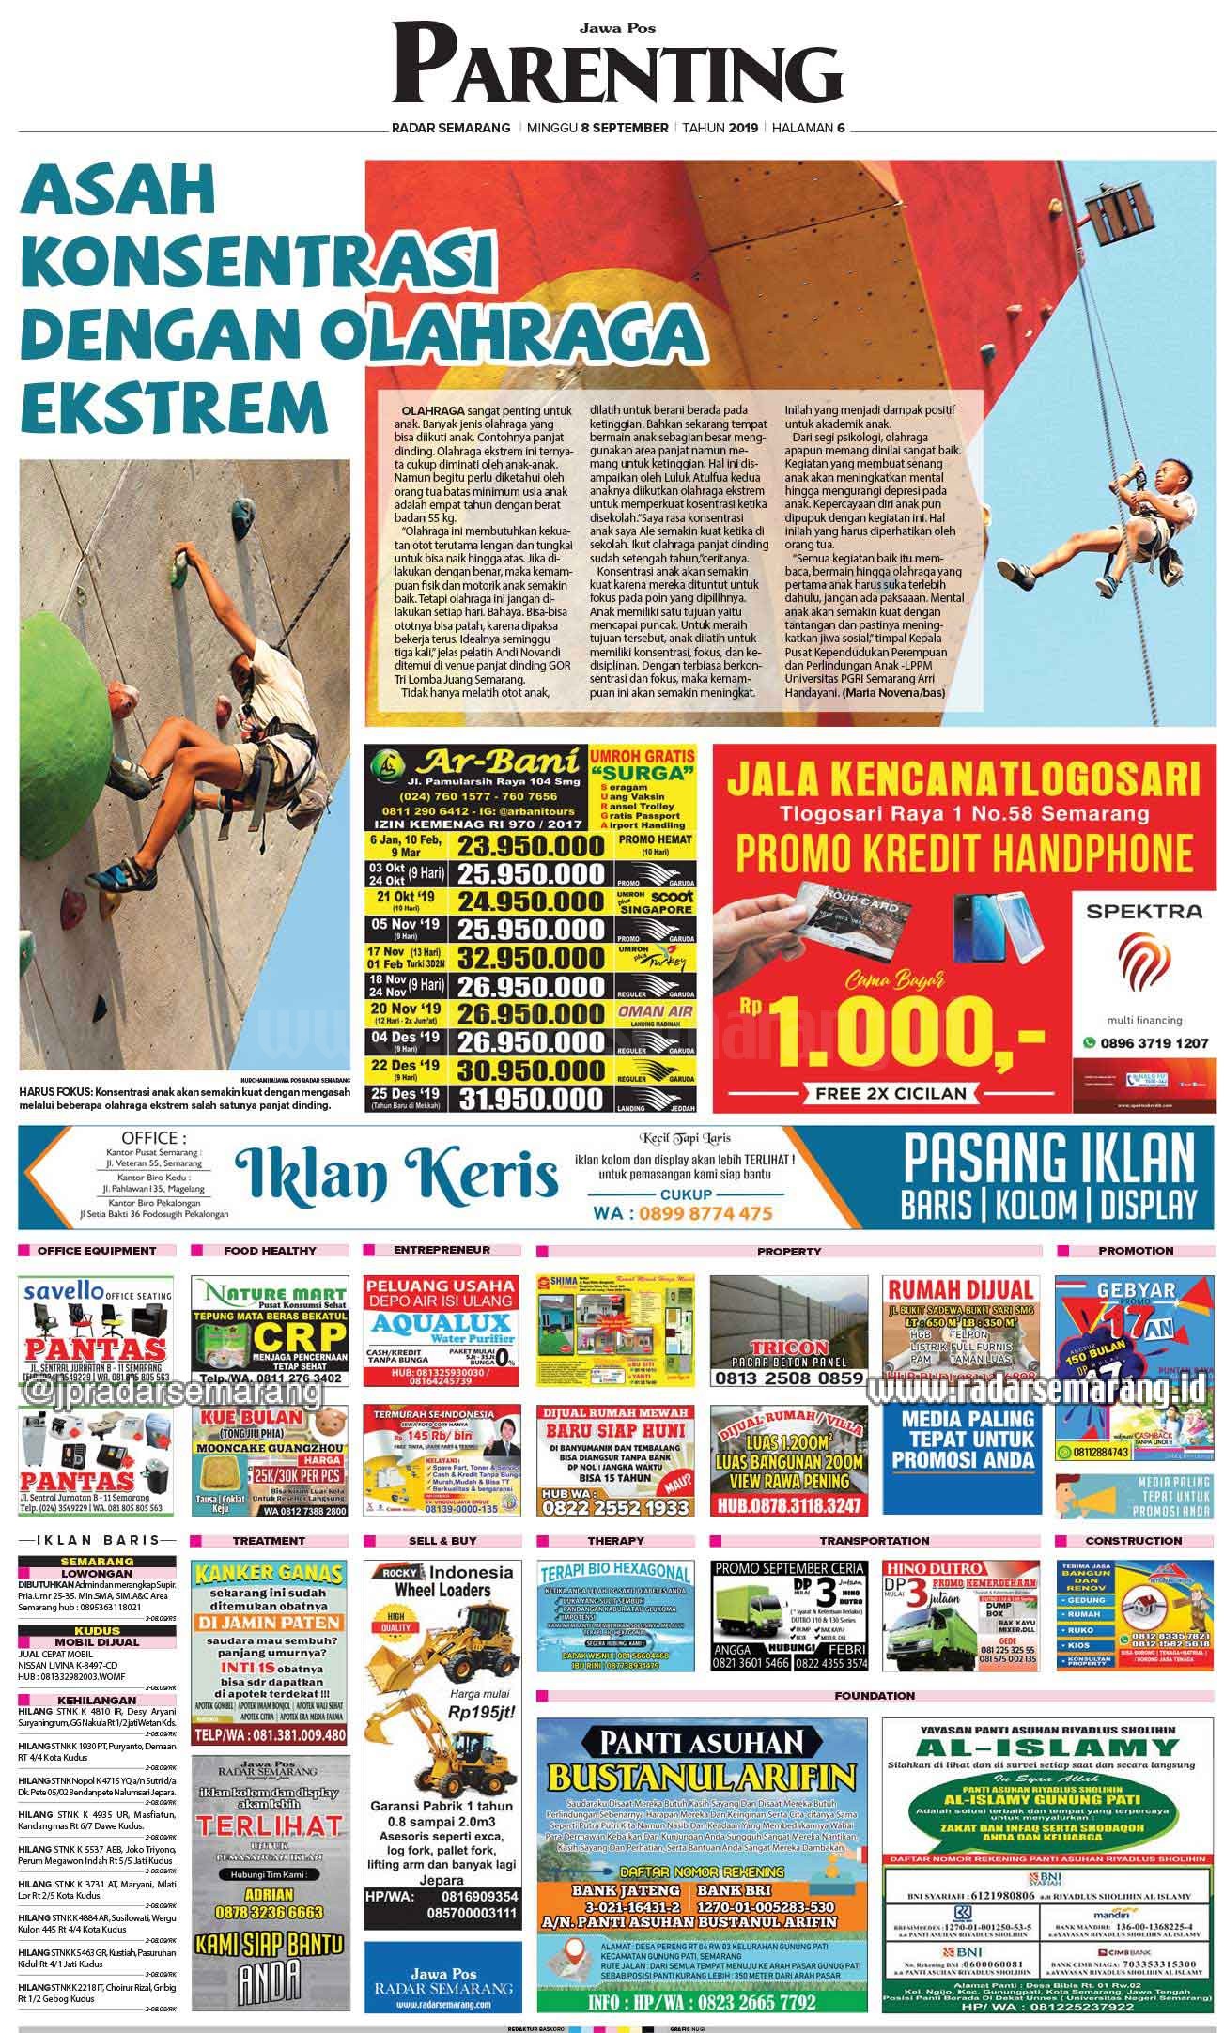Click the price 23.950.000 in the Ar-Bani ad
pos(529,846)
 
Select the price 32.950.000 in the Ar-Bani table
pos(529,960)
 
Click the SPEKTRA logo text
pos(1142,911)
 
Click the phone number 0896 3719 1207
pos(1152,1042)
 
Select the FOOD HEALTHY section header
pos(270,1251)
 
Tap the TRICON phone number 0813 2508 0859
pos(787,1378)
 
